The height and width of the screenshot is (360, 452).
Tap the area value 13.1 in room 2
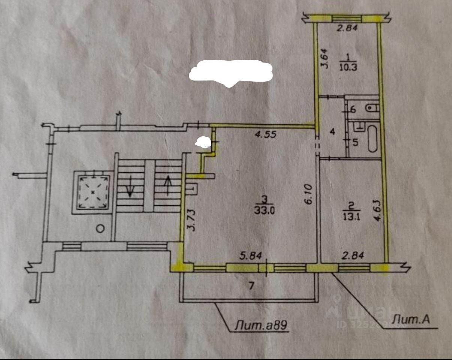(x=351, y=217)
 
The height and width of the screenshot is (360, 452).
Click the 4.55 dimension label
(x=266, y=134)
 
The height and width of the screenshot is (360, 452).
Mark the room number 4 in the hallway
(x=332, y=132)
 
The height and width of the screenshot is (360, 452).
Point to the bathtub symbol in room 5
(x=372, y=139)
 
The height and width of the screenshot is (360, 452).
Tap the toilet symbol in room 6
(x=373, y=108)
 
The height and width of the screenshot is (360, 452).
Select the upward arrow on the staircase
(x=167, y=185)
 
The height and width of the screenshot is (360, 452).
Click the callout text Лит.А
(x=410, y=320)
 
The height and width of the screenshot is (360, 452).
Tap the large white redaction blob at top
(x=230, y=72)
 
